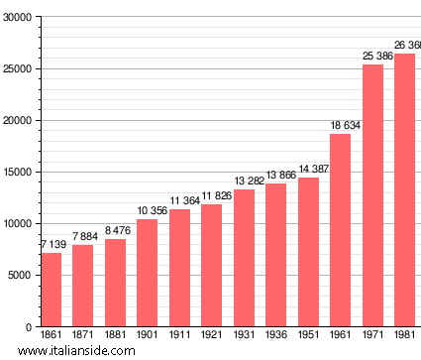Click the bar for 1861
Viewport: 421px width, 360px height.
tap(51, 290)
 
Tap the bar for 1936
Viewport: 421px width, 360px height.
tap(275, 255)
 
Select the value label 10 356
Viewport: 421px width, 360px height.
tap(147, 211)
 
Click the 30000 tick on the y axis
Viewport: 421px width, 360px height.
tap(18, 18)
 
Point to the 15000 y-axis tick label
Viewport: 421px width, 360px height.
tap(18, 173)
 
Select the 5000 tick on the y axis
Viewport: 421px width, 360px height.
tap(21, 276)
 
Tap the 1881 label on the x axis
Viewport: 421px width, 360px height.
tap(115, 336)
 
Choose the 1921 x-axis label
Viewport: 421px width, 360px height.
tap(211, 336)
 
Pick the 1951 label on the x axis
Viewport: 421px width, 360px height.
tap(308, 336)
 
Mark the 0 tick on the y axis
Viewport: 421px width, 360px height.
tap(30, 327)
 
